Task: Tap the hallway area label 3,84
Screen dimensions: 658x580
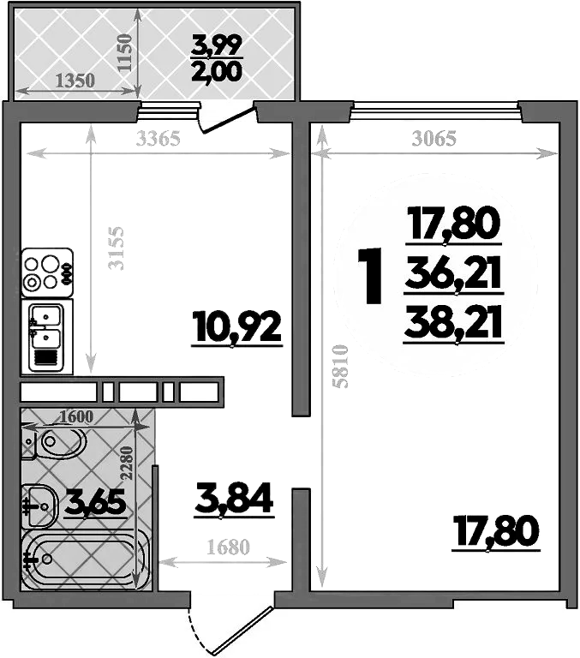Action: [x=234, y=499]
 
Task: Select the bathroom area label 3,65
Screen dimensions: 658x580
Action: [x=95, y=501]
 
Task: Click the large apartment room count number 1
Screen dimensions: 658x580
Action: [x=370, y=276]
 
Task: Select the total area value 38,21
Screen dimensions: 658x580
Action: [x=453, y=323]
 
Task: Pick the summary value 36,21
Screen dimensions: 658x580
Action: [x=453, y=276]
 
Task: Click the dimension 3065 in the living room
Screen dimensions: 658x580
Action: [x=434, y=138]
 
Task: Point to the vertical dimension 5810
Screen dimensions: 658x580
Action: [x=341, y=367]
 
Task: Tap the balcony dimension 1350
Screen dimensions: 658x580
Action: [x=75, y=81]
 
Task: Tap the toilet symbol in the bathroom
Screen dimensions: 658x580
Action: [x=55, y=444]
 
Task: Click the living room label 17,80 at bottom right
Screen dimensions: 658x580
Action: [x=496, y=531]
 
